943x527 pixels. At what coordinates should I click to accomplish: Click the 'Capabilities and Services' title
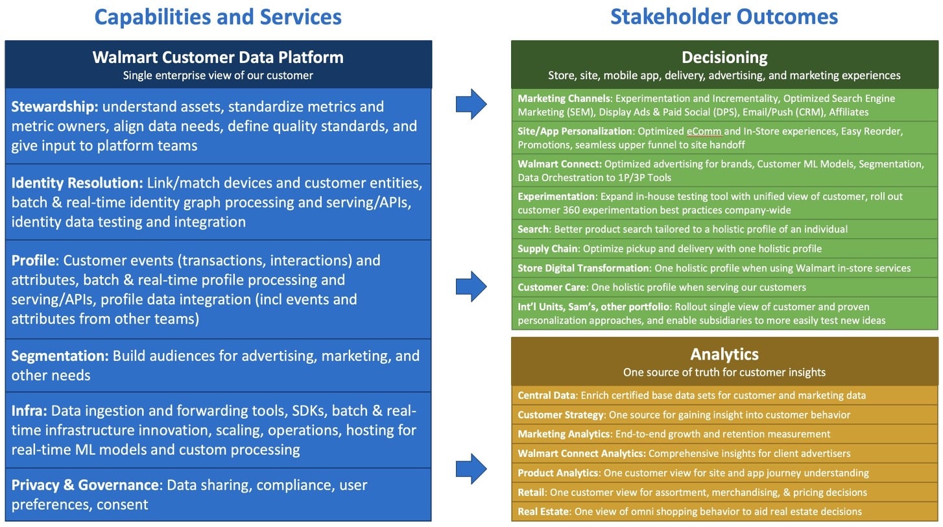218,18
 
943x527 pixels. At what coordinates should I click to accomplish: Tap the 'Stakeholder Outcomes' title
724,17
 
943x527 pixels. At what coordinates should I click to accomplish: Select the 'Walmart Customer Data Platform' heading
218,57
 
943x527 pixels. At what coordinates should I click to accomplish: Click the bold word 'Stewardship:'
54,106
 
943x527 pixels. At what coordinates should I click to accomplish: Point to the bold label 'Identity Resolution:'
77,183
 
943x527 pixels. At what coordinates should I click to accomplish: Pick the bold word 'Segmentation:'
60,356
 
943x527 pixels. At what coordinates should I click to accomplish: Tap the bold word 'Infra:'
29,411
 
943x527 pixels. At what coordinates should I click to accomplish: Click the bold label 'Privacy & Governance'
85,485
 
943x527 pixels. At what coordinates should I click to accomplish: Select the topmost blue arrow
471,104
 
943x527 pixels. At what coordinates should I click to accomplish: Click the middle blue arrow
471,286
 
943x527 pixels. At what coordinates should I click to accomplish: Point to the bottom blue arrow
471,469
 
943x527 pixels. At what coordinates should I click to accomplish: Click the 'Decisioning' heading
724,57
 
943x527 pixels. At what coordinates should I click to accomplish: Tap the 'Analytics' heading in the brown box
724,354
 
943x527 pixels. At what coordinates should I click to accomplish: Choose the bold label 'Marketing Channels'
564,99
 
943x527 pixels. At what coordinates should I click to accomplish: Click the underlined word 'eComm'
704,132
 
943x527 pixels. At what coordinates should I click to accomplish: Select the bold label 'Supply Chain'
547,249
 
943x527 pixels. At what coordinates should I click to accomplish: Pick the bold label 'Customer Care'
552,288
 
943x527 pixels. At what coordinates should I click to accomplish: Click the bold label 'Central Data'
547,395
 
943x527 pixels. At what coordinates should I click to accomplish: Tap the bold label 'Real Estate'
543,511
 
